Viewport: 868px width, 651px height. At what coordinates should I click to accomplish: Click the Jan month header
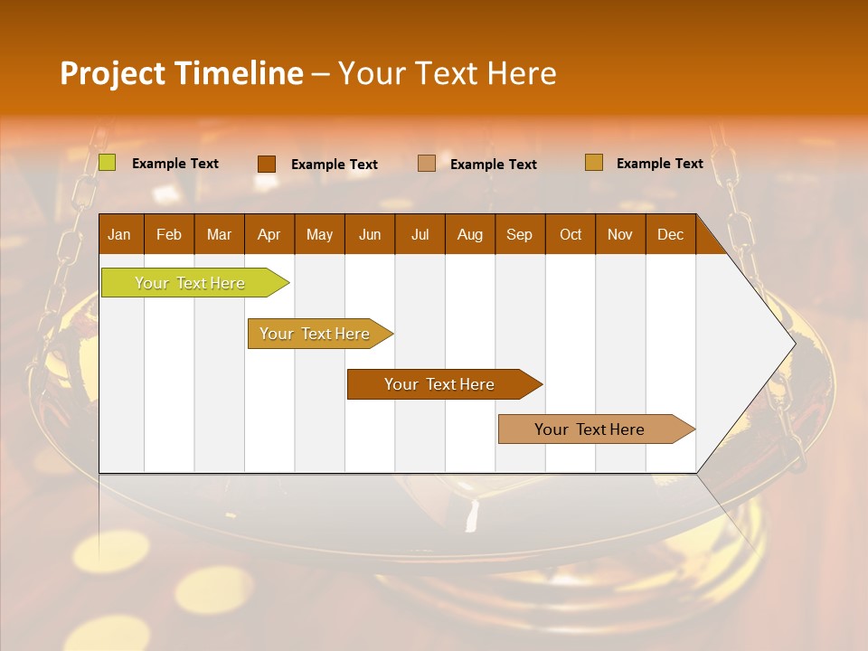coord(120,234)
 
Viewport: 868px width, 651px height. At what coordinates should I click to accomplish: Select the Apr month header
coord(269,234)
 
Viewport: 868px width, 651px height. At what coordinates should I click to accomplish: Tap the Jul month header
coord(420,234)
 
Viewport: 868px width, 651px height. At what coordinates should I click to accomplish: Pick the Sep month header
coord(519,234)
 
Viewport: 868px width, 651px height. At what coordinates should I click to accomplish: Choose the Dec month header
coord(670,234)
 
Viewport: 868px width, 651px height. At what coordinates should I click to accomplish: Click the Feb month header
coord(169,234)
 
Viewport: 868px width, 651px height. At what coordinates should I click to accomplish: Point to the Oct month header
coord(571,234)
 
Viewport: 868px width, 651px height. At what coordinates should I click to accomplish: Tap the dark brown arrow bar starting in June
coord(440,384)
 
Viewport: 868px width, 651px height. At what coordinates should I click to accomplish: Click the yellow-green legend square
coord(107,163)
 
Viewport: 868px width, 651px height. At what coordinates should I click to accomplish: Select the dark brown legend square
coord(266,164)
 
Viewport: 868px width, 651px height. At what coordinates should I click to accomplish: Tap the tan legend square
coord(427,163)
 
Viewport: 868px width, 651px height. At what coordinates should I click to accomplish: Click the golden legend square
coord(593,163)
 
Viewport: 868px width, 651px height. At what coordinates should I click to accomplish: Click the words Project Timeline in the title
coord(181,73)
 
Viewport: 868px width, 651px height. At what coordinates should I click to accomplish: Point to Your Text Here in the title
coord(447,73)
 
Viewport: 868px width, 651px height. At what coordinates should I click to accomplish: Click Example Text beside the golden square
coord(659,164)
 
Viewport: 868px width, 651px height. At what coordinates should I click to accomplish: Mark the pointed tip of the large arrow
coord(793,343)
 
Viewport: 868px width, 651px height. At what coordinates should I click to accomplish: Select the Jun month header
coord(370,234)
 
